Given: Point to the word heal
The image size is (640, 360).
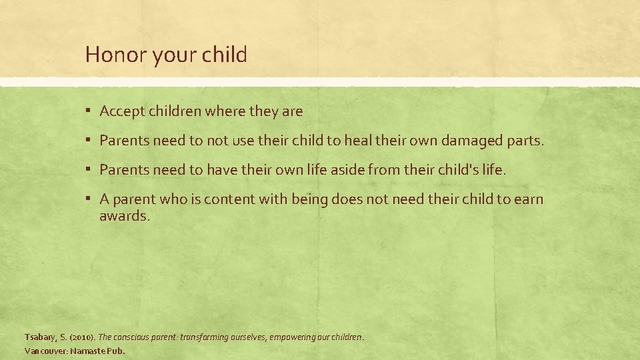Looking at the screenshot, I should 357,141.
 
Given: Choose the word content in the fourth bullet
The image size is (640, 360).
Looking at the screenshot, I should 227,199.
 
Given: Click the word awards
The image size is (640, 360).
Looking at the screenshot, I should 125,216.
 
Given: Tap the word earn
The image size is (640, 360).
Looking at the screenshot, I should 529,199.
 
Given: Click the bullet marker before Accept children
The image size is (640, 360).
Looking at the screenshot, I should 89,112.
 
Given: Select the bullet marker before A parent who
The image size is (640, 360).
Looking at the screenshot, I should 89,199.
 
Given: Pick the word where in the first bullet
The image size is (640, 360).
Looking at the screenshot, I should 225,112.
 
